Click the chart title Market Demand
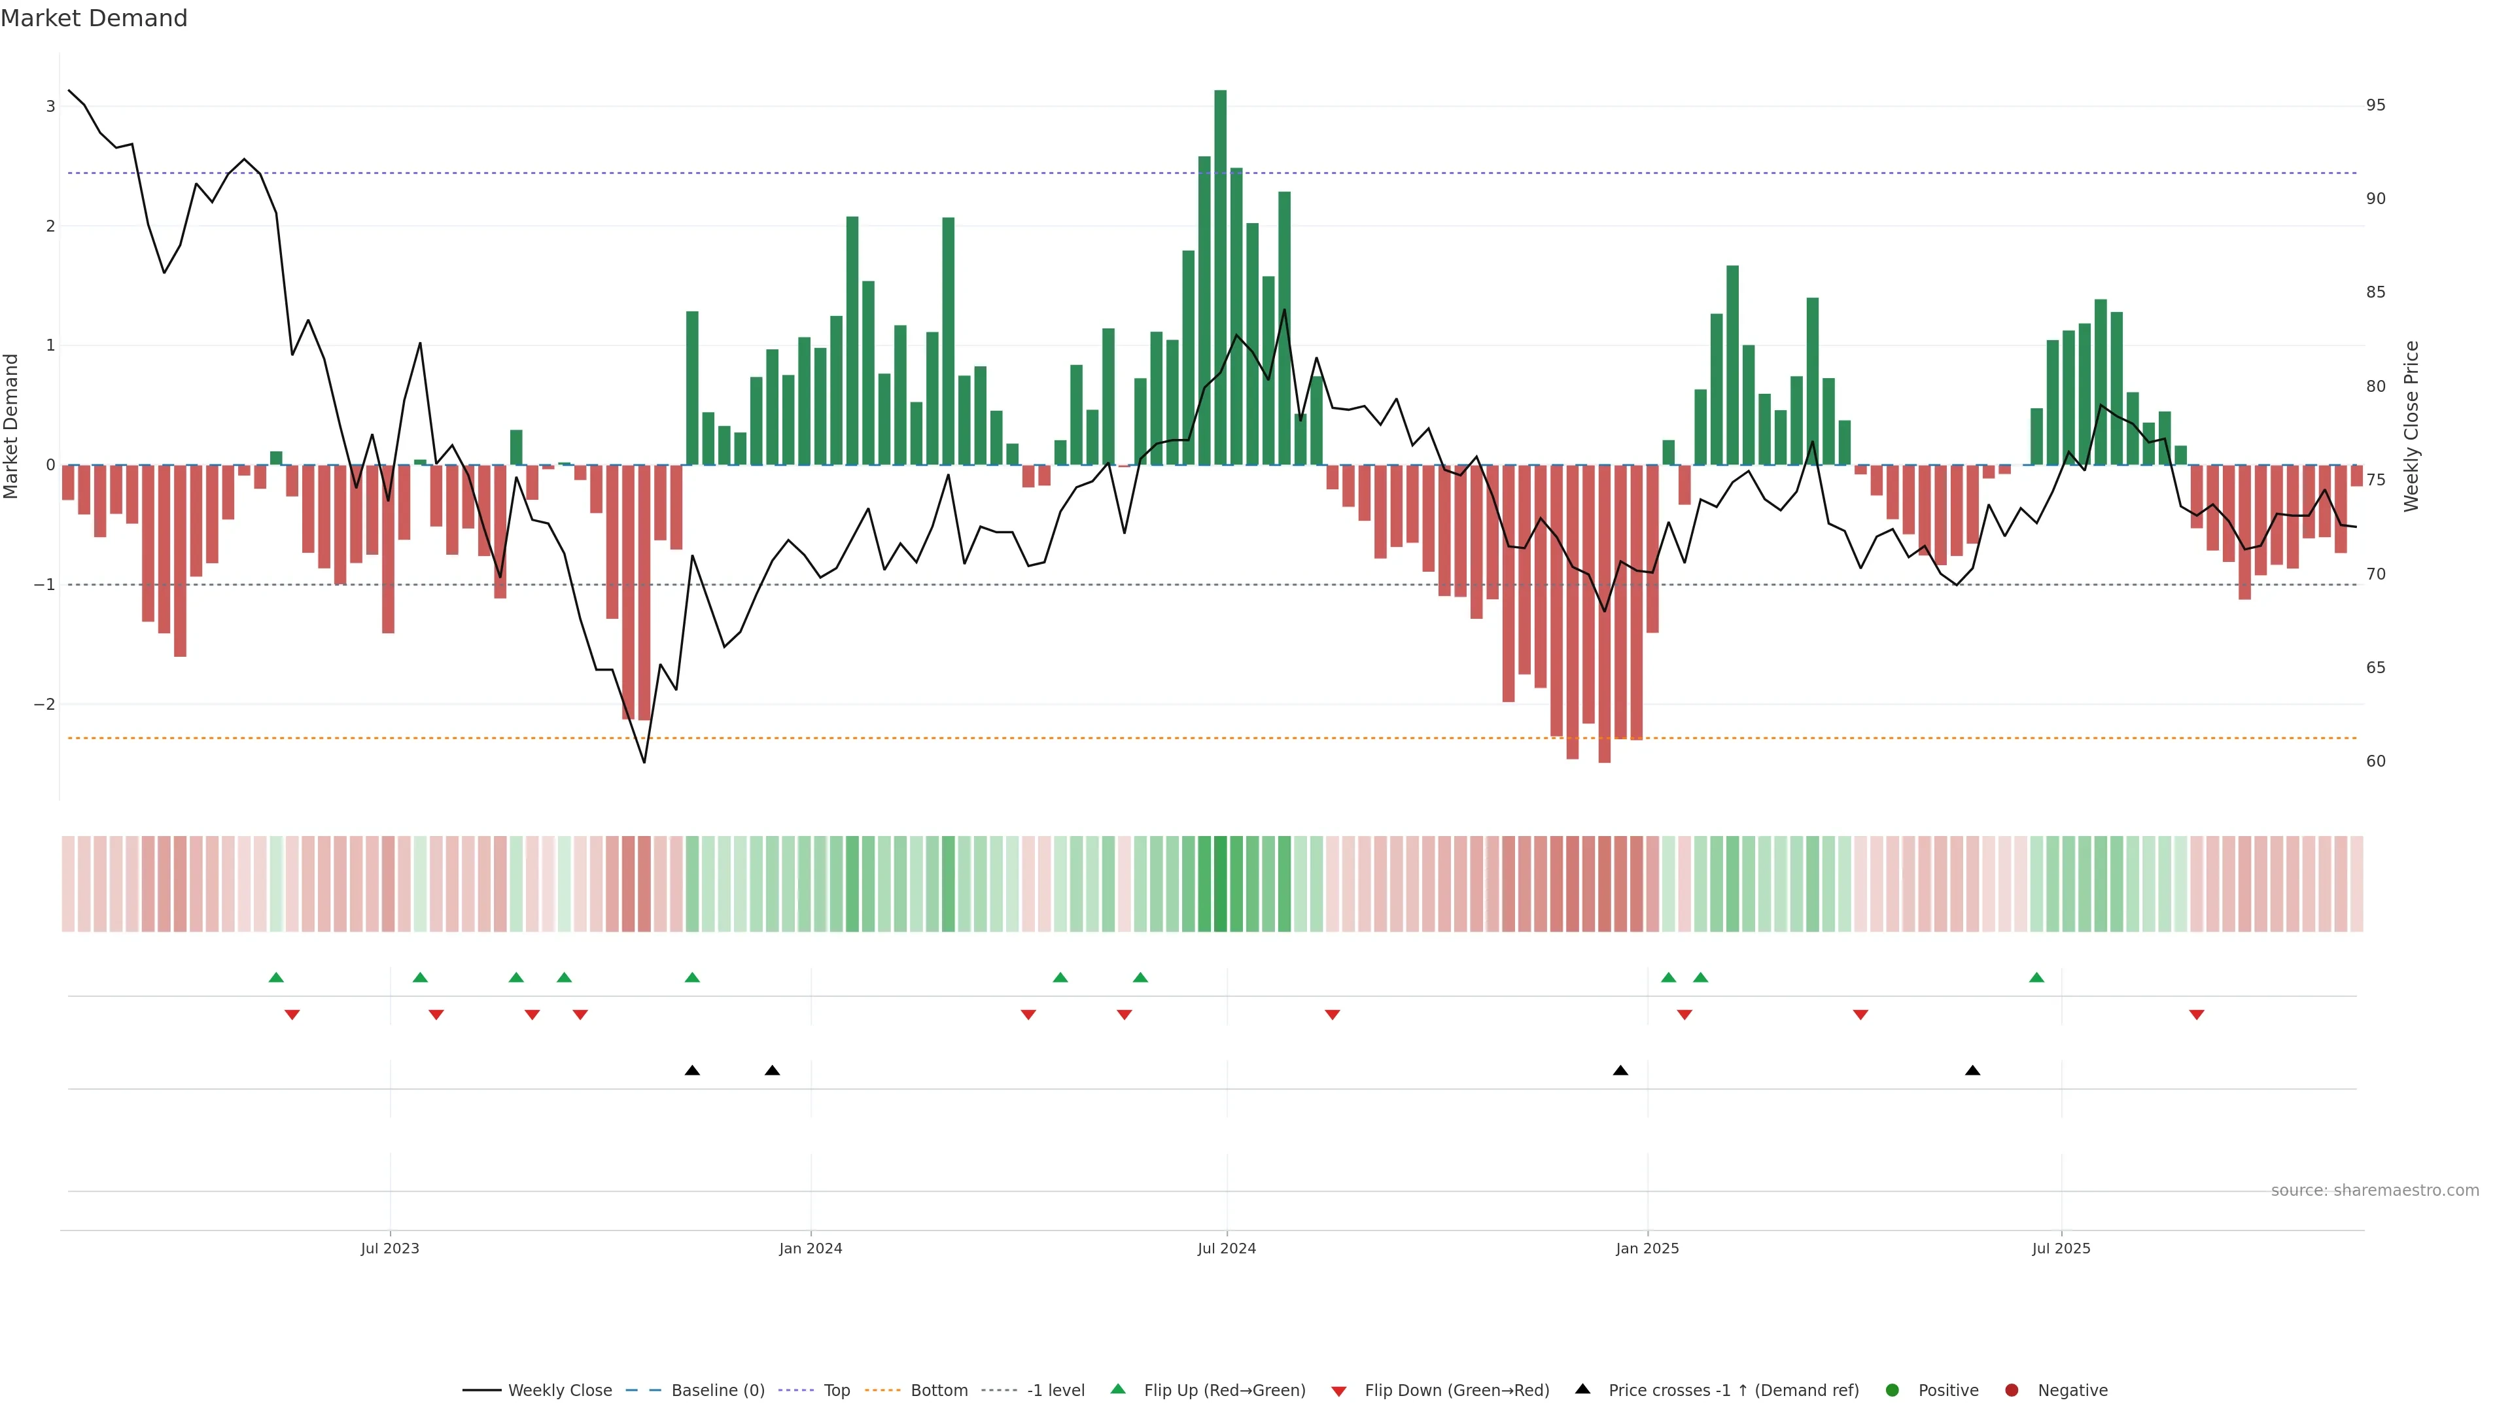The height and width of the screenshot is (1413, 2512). (94, 18)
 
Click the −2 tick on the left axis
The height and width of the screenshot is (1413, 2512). (44, 704)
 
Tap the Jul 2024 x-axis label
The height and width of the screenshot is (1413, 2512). (1226, 1248)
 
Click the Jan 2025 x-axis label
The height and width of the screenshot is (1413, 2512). (1647, 1248)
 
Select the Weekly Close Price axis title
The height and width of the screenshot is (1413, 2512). (2411, 426)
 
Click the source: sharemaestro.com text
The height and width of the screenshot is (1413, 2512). (2375, 1191)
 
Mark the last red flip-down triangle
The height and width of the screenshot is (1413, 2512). (2196, 1015)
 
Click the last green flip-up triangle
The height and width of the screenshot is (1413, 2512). (2036, 977)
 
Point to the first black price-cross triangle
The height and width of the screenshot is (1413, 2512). (692, 1071)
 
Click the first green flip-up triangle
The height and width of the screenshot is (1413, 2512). (276, 977)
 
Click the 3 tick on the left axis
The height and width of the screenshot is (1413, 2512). (50, 106)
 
